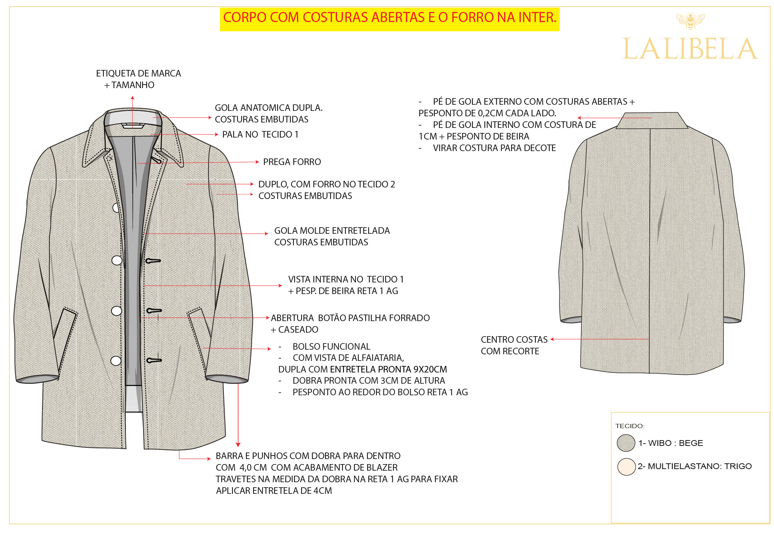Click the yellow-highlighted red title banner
390,19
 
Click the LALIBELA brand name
690,49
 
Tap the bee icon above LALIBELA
691,21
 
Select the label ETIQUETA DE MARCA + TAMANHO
138,79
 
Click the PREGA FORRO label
292,162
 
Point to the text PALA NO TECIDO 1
260,134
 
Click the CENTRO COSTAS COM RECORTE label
514,345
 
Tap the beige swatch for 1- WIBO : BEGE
626,443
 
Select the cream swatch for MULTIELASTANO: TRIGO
626,467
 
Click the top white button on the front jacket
115,208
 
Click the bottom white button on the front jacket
116,361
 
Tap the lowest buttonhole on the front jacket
154,361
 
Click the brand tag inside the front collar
133,126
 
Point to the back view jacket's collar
652,121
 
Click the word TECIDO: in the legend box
630,426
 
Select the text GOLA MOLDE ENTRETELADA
332,231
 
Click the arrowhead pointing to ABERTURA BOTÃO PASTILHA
268,318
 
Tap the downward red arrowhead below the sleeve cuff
238,445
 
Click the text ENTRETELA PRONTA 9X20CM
388,369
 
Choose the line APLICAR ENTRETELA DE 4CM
274,491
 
